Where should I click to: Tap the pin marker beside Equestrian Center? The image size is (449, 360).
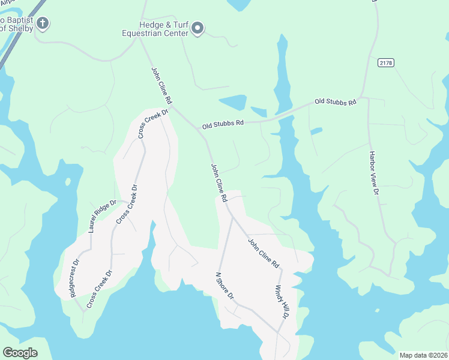click(x=199, y=28)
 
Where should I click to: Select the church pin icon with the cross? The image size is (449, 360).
click(x=42, y=24)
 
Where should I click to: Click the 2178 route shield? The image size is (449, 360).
click(x=386, y=62)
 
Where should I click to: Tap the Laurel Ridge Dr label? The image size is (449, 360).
click(x=100, y=216)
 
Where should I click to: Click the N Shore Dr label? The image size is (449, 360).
click(x=224, y=287)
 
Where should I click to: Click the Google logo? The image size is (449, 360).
click(x=20, y=353)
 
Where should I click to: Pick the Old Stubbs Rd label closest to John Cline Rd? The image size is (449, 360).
click(x=223, y=124)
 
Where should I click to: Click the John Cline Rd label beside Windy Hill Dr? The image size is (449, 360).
click(x=264, y=253)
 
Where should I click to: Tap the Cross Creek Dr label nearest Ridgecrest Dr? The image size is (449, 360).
click(x=100, y=289)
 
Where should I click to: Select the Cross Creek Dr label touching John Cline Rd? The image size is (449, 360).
click(x=153, y=123)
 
